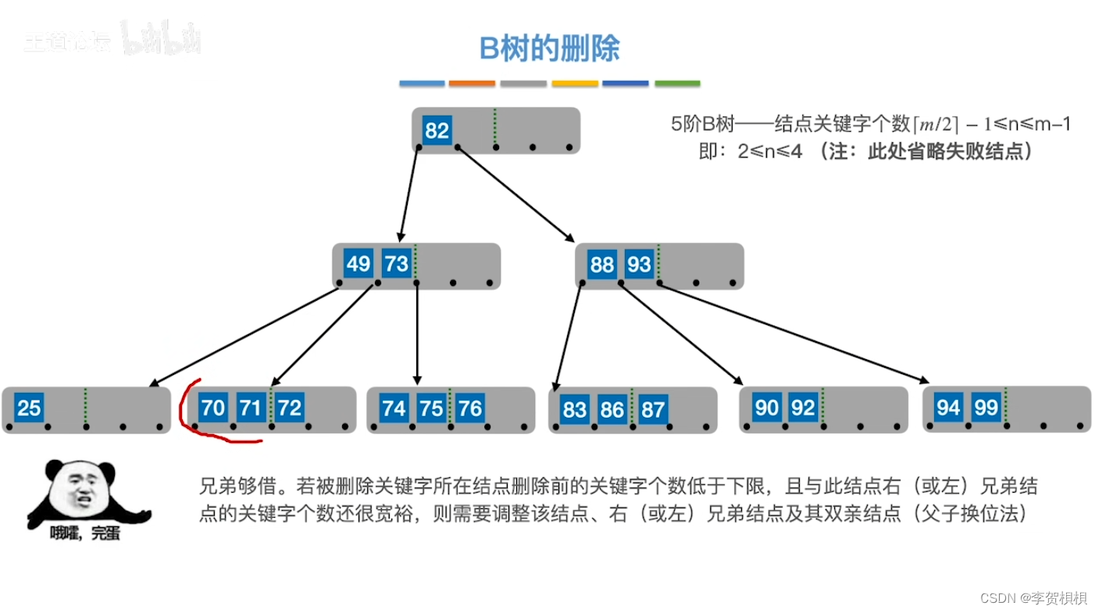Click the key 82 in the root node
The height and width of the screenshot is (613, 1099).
pos(436,130)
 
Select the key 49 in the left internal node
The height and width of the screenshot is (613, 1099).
pos(358,264)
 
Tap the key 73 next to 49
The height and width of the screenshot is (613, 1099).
pos(396,264)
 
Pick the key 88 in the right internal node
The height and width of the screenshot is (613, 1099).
pos(601,265)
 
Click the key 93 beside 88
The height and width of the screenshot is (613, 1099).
pos(639,265)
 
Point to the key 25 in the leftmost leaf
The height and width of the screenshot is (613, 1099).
pos(29,408)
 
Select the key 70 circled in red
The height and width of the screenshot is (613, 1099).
pos(212,408)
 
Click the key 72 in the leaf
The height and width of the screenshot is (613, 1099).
pos(289,408)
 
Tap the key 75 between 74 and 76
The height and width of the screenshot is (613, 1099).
pos(431,408)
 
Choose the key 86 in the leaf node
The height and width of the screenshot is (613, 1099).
pos(612,409)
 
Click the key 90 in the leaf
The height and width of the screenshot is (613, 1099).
pos(766,408)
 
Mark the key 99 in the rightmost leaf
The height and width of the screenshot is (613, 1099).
pos(986,408)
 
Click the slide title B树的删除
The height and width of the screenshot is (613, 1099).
pos(549,48)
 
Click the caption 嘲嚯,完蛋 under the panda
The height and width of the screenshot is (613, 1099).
pos(85,535)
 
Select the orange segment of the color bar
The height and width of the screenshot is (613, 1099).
pos(473,84)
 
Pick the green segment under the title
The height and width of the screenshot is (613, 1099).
pos(677,84)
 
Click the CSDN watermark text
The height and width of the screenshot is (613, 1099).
pos(1033,597)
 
